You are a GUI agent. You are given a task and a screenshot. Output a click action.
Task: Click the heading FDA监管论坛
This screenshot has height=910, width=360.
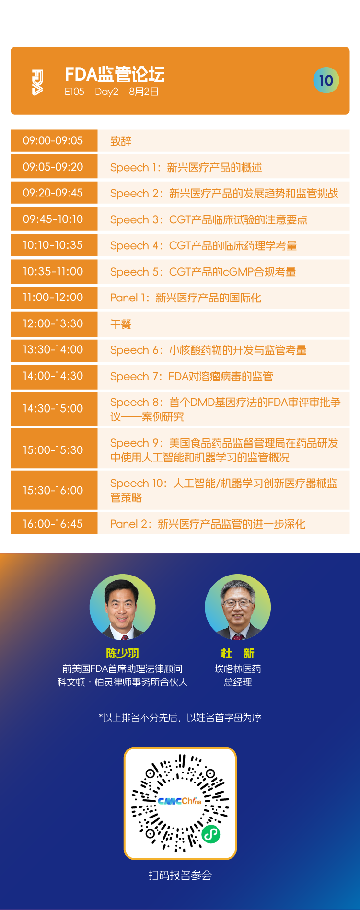click(115, 75)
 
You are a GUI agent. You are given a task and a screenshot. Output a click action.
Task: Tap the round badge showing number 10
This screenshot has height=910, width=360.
click(326, 80)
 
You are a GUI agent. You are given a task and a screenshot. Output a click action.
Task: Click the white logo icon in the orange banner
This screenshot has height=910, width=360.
click(37, 82)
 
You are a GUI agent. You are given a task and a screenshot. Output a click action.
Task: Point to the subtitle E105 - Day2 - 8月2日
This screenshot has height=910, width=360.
click(112, 92)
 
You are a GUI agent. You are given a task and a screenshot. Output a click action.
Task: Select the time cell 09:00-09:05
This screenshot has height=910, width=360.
click(54, 141)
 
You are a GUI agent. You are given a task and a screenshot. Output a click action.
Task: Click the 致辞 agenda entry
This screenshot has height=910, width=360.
click(121, 141)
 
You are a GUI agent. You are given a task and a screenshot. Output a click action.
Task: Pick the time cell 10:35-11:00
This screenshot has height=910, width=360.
click(54, 272)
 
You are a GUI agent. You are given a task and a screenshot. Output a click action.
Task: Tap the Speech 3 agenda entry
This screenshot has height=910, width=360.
click(209, 219)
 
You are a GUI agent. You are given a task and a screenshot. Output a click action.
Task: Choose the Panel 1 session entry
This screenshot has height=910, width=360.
click(186, 298)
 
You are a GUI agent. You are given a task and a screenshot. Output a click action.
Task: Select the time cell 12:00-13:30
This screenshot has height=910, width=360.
click(54, 324)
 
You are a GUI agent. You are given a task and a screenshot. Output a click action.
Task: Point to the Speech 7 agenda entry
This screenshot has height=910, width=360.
click(192, 376)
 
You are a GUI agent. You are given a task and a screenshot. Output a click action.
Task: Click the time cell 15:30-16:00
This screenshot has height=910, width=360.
click(54, 490)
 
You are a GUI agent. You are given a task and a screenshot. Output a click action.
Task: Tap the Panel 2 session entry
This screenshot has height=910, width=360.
click(208, 524)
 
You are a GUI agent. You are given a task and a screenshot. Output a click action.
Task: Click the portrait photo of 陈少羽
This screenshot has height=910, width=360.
click(123, 607)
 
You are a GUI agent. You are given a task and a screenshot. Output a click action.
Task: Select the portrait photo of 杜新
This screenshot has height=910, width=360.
click(238, 607)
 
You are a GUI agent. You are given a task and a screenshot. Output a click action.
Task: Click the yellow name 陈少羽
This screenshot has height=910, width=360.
click(123, 653)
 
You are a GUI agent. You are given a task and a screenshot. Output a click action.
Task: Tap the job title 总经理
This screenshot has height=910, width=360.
click(238, 682)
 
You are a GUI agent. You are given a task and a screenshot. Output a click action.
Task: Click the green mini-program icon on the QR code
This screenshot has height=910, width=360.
click(210, 834)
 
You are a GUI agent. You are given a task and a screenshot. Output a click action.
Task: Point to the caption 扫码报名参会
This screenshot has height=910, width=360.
click(180, 875)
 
